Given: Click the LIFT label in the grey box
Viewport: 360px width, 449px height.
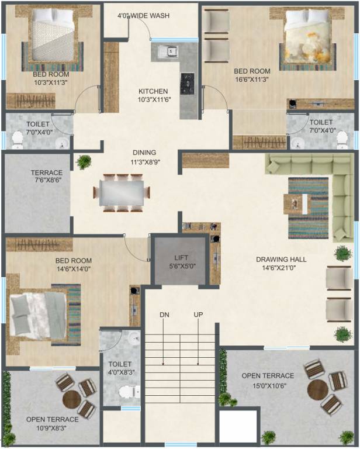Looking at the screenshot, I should click(x=180, y=257).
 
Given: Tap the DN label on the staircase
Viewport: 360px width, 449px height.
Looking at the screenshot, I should click(x=164, y=315).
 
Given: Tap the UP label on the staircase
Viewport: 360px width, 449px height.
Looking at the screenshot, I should click(x=198, y=315).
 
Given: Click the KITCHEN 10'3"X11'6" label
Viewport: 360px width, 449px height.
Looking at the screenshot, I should click(x=153, y=96).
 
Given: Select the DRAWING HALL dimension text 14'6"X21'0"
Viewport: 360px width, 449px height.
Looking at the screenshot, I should click(x=281, y=268).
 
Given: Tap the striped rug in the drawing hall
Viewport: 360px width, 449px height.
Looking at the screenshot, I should click(x=308, y=208).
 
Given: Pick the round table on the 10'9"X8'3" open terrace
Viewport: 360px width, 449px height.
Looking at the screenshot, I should click(x=72, y=400).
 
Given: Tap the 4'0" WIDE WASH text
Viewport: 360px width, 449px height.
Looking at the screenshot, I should click(x=143, y=16).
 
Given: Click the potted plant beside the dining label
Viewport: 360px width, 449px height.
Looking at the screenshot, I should click(x=84, y=162).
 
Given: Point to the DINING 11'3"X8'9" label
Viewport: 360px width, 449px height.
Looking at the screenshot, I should click(x=143, y=157).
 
